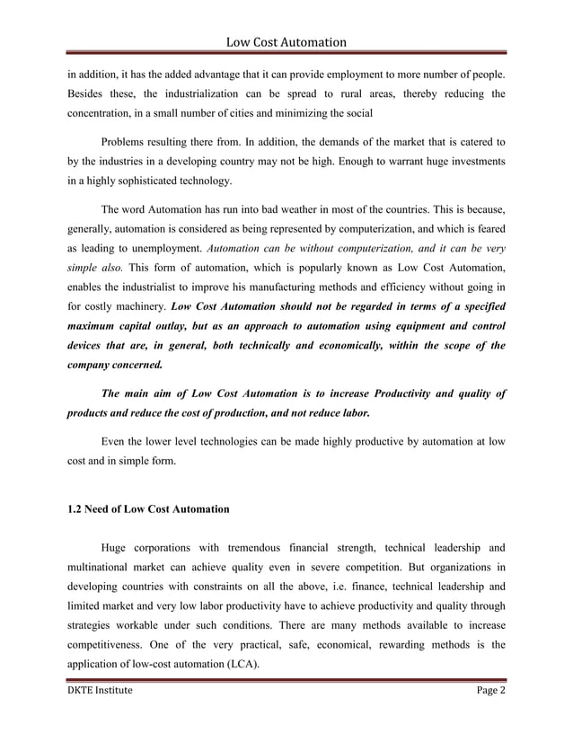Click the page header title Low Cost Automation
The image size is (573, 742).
click(286, 41)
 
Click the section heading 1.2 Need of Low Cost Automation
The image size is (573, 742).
click(148, 509)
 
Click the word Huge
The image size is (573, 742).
click(116, 547)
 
